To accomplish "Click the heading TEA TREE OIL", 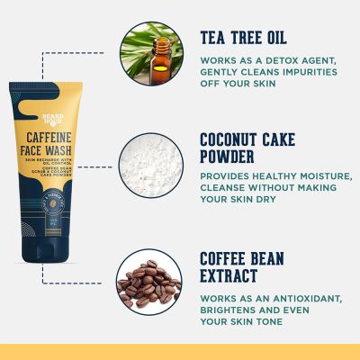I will pos(243,38).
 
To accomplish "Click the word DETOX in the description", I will pos(271,60).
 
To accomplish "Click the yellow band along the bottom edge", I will pos(180,352).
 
